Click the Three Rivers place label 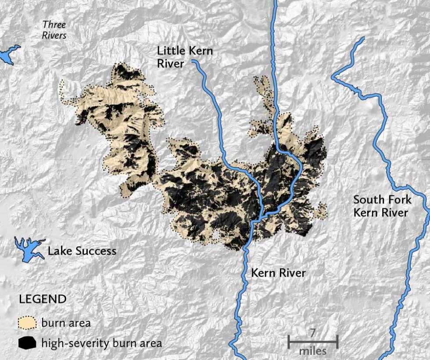click(x=54, y=30)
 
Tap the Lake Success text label click(x=82, y=251)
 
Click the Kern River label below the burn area click(x=278, y=273)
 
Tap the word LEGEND click(x=43, y=299)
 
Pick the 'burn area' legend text click(x=66, y=323)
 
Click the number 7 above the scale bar click(x=312, y=332)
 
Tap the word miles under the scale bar click(x=313, y=351)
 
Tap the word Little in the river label click(x=169, y=51)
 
